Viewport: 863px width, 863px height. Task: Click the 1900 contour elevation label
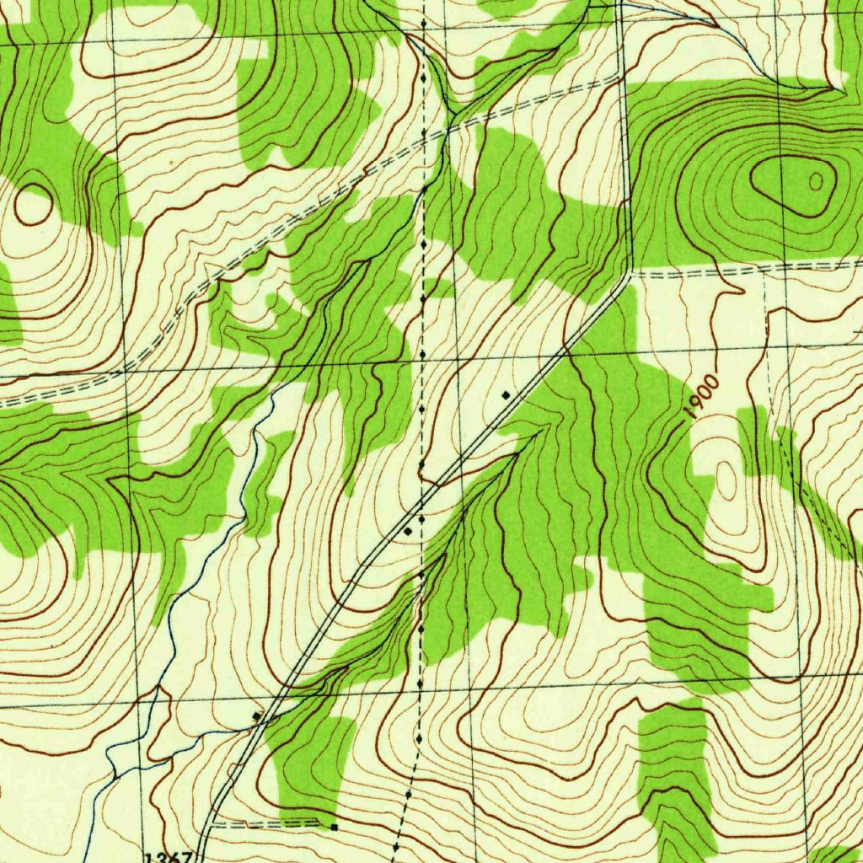click(x=701, y=399)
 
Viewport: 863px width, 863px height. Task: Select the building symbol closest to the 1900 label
click(x=506, y=394)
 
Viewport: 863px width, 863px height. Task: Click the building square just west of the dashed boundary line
click(x=408, y=532)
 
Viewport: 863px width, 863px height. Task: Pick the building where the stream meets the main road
click(x=257, y=716)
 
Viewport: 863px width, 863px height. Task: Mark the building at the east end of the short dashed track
click(x=334, y=827)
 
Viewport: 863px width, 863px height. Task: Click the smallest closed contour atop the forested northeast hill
click(x=816, y=180)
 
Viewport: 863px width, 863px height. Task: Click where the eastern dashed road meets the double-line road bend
click(x=629, y=274)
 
